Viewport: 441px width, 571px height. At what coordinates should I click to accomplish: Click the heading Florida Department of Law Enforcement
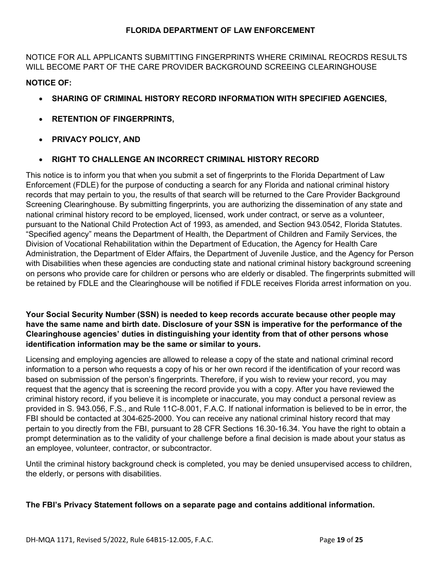point(220,31)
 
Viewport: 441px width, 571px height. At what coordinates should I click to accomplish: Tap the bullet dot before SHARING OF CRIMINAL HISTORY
point(42,99)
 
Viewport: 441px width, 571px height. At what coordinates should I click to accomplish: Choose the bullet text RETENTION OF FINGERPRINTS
point(113,119)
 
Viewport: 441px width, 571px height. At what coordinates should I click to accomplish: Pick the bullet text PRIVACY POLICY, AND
point(96,140)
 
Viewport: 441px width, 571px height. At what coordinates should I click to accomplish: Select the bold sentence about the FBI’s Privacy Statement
point(200,505)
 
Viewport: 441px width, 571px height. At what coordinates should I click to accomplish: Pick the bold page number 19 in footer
point(341,540)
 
